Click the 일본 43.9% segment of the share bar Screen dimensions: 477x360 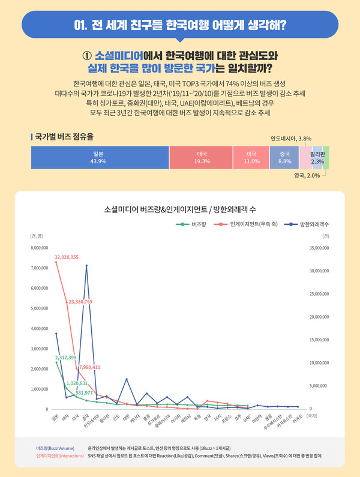click(x=99, y=158)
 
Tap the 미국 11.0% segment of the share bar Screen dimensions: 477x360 click(x=251, y=158)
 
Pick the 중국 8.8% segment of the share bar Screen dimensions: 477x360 click(x=284, y=158)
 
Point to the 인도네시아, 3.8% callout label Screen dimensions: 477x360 click(x=290, y=139)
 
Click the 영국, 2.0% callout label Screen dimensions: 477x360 click(x=307, y=176)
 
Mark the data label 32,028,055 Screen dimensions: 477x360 click(x=67, y=257)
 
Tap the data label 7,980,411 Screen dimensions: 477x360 click(x=89, y=367)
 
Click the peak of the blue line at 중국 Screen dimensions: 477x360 click(x=86, y=265)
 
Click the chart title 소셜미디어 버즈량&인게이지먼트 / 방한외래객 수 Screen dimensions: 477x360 click(x=180, y=209)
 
